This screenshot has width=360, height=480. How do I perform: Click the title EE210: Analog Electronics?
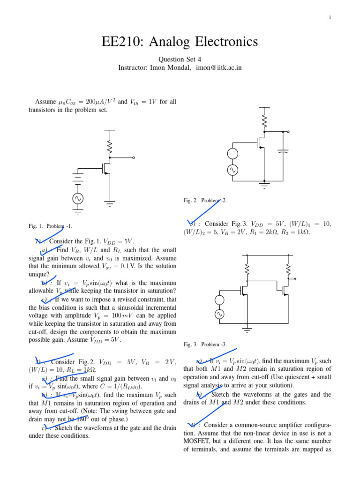click(180, 42)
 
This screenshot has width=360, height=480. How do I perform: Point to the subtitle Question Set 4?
click(180, 60)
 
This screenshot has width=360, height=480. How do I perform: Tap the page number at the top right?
click(330, 17)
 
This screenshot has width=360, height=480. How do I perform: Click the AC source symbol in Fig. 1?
click(77, 199)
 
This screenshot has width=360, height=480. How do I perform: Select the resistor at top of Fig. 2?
click(264, 121)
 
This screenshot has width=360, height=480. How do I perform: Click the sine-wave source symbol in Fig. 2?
click(232, 171)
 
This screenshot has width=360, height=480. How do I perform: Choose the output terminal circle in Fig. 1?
click(134, 158)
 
